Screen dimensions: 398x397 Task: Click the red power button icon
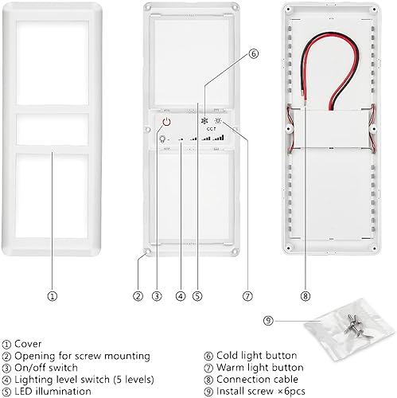[166, 122]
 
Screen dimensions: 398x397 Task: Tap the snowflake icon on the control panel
[204, 122]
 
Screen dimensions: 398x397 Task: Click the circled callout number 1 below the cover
[52, 295]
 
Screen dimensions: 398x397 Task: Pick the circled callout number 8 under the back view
[306, 295]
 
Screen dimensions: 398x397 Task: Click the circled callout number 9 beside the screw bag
[269, 320]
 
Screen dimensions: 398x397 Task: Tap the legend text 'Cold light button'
[256, 355]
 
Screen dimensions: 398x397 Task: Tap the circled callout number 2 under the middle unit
[138, 295]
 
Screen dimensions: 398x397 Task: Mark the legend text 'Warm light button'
[259, 367]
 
